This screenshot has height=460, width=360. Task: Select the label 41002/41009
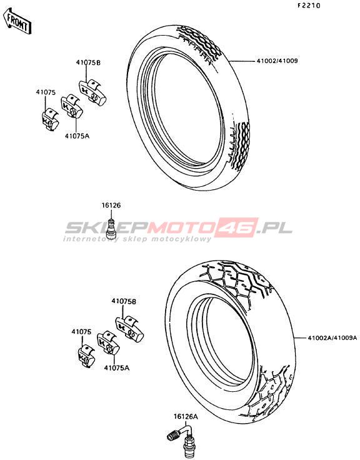pos(277,61)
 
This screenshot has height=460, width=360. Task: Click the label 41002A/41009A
pos(332,337)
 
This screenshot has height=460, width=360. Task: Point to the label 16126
pos(111,206)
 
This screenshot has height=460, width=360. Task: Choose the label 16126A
pos(186,416)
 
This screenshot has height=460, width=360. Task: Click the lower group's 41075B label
pos(124,301)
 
